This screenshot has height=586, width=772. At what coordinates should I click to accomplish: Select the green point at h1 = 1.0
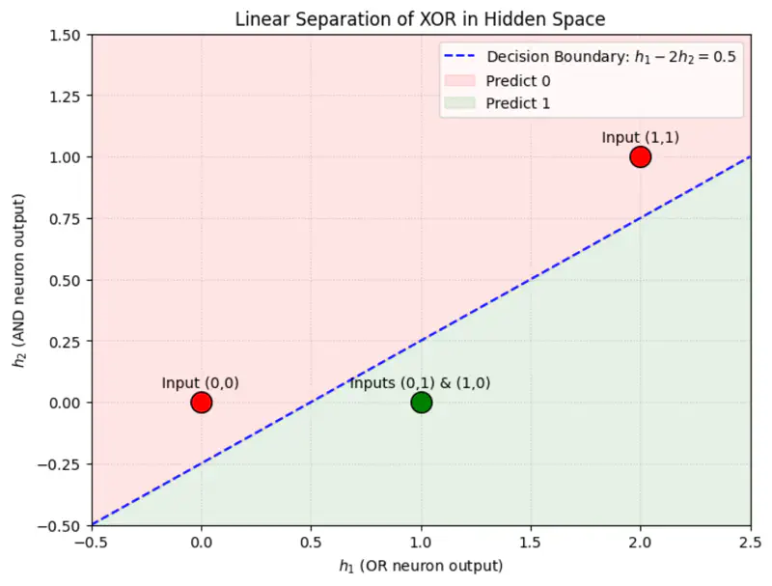point(421,402)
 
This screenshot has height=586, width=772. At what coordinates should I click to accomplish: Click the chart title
point(420,18)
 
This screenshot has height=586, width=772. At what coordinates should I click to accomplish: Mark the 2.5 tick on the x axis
point(750,542)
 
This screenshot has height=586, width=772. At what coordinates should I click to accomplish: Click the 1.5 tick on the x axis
point(530,542)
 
